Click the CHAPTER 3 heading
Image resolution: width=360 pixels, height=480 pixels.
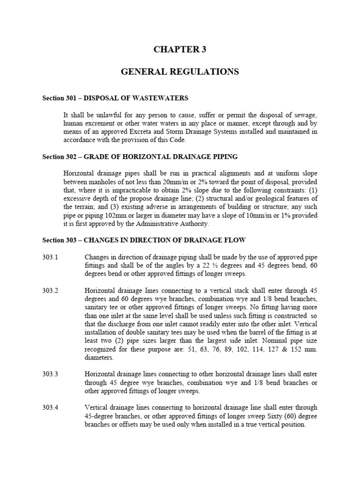[180, 50]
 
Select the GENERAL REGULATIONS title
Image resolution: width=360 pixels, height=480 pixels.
[180, 72]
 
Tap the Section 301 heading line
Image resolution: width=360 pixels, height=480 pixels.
[115, 98]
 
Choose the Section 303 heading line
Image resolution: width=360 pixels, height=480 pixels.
[144, 240]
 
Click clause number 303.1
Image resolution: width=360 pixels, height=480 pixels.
[50, 257]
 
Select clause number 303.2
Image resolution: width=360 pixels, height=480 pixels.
[50, 291]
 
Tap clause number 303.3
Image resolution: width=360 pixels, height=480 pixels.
[50, 374]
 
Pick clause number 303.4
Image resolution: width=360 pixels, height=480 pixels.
[50, 407]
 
